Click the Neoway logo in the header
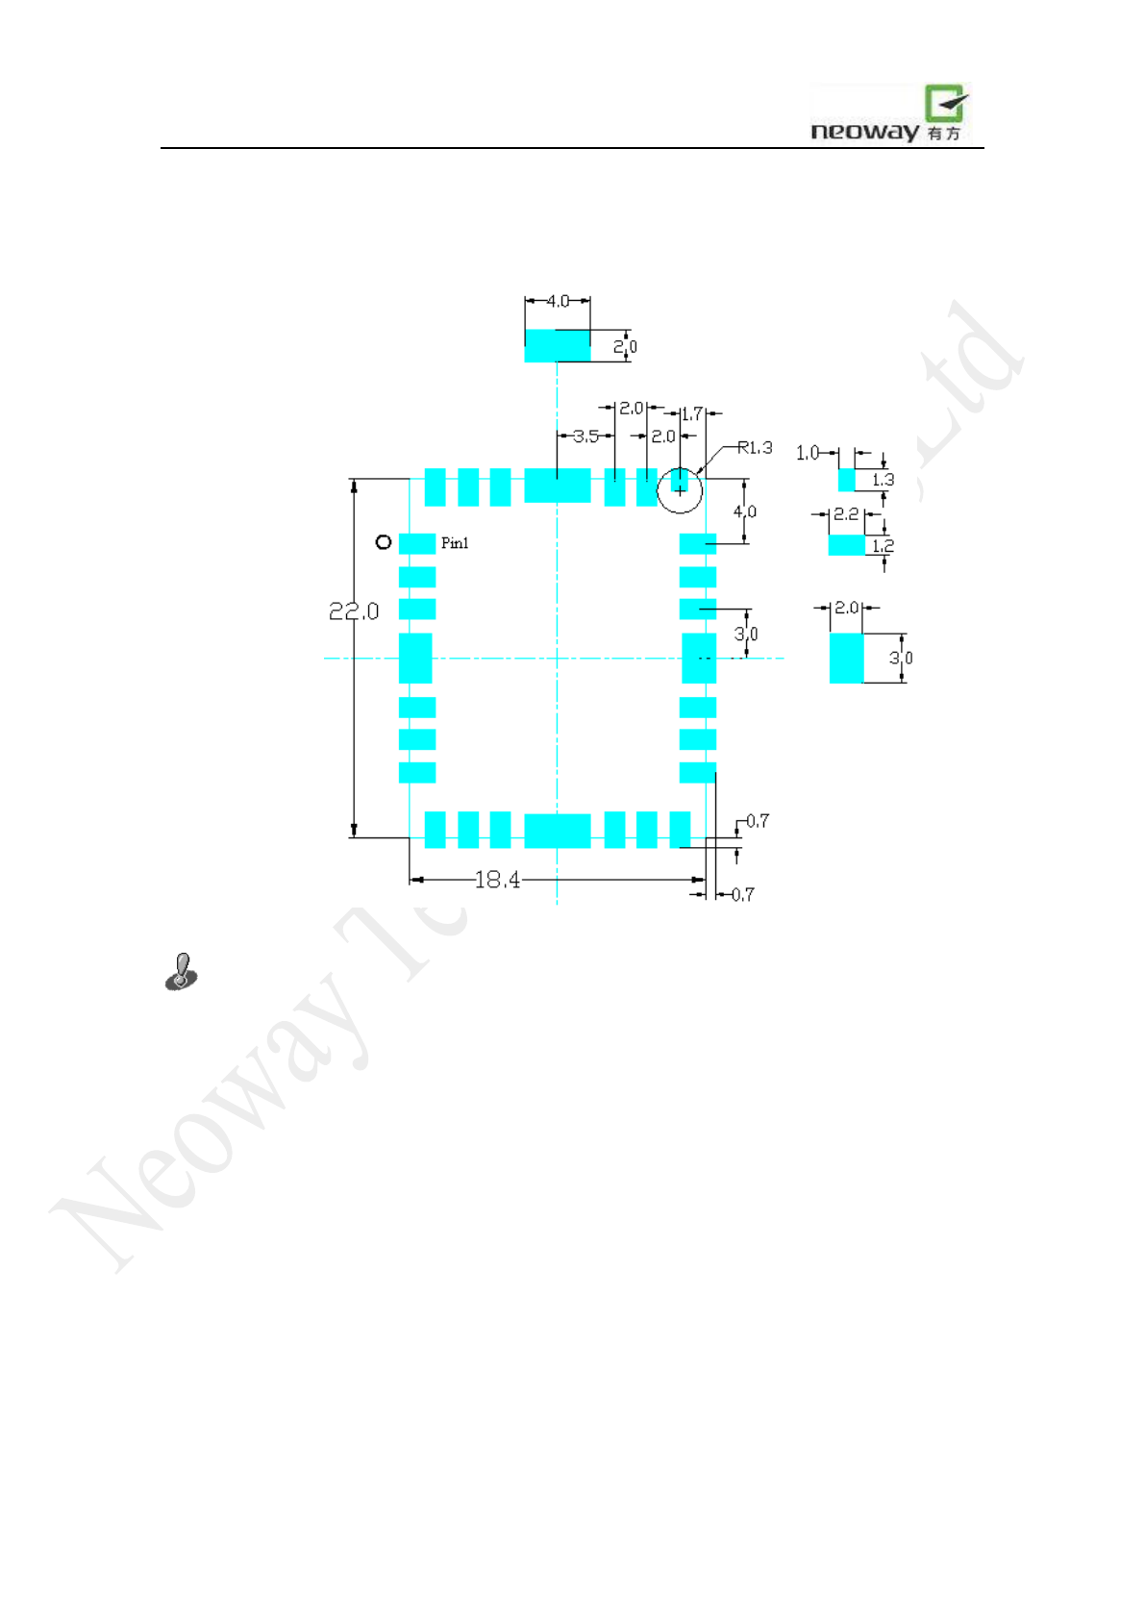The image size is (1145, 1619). [x=889, y=114]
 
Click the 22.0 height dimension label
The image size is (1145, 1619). [x=354, y=611]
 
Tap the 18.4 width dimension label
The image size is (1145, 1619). [x=497, y=880]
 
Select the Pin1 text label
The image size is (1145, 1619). [x=455, y=543]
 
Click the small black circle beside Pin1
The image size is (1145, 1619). [x=384, y=542]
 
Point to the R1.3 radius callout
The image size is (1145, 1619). [x=755, y=448]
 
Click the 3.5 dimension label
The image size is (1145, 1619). [x=585, y=436]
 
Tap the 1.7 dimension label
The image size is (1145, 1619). [x=691, y=414]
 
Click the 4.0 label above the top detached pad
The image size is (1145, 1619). [x=558, y=301]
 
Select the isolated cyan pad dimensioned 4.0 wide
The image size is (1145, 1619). [x=557, y=346]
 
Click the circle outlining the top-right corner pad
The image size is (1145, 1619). [x=680, y=490]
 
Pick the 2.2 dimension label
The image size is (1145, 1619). [x=846, y=514]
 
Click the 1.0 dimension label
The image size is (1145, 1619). [x=808, y=453]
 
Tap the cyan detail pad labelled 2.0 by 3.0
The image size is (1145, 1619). [x=846, y=658]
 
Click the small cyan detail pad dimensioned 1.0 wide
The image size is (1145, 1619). [x=846, y=480]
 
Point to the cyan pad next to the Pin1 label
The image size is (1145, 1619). [x=417, y=543]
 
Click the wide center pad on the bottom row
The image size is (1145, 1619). [x=557, y=831]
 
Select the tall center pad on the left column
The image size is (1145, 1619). [x=415, y=658]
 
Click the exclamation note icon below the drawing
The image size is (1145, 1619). [x=182, y=972]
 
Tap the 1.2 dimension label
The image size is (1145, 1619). [x=883, y=546]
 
